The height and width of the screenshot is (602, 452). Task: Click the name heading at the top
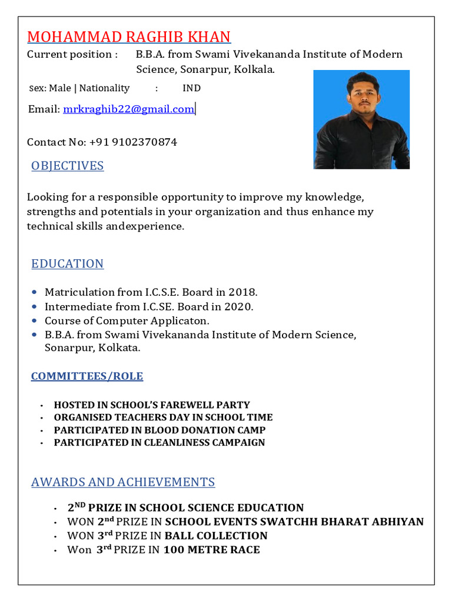pyautogui.click(x=129, y=36)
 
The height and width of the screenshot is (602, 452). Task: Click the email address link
pyautogui.click(x=128, y=109)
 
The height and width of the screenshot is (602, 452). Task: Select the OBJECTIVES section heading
pyautogui.click(x=68, y=166)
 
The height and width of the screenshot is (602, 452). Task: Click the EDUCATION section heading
pyautogui.click(x=68, y=263)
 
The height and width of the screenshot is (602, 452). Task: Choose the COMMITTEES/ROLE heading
pyautogui.click(x=87, y=376)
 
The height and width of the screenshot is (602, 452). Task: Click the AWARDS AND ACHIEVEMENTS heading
pyautogui.click(x=123, y=482)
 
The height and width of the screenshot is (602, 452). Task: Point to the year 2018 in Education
pyautogui.click(x=242, y=292)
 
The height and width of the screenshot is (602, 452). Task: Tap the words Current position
pyautogui.click(x=72, y=55)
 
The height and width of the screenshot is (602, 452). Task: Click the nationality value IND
pyautogui.click(x=191, y=88)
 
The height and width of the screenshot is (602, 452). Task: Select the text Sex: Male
pyautogui.click(x=50, y=88)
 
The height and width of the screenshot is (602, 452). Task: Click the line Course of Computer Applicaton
pyautogui.click(x=127, y=321)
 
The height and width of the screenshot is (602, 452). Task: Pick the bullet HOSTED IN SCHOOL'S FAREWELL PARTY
pyautogui.click(x=152, y=405)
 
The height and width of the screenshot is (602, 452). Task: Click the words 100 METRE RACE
pyautogui.click(x=211, y=550)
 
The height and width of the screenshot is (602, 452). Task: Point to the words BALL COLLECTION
pyautogui.click(x=216, y=536)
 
